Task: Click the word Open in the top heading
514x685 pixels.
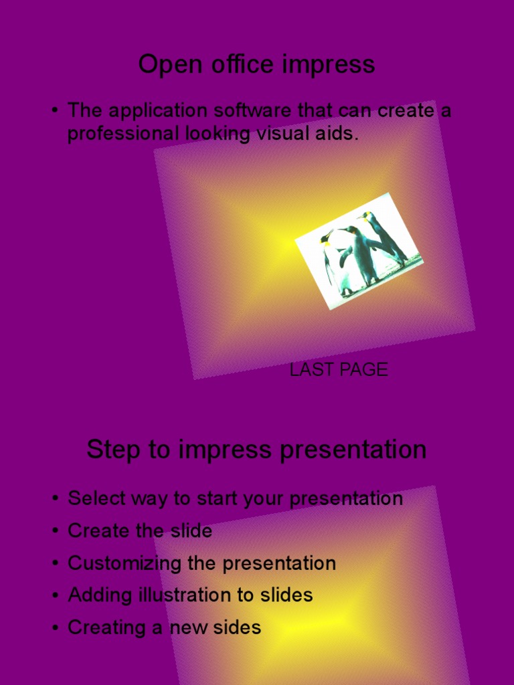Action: click(x=164, y=65)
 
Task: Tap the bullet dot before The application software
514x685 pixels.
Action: click(x=54, y=111)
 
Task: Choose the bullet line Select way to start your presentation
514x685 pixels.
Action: click(x=235, y=499)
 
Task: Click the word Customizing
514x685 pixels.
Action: click(x=124, y=563)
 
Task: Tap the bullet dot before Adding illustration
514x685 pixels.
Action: click(x=54, y=596)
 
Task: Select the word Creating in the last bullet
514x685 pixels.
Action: click(x=107, y=627)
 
